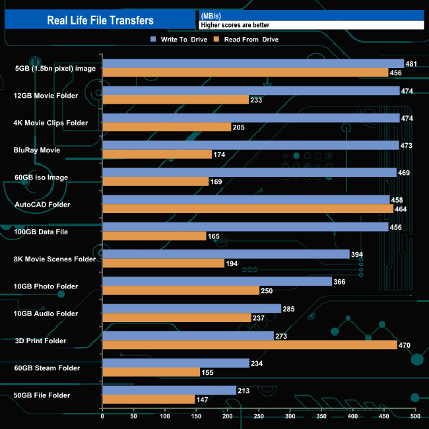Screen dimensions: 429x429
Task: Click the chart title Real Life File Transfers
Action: tap(100, 20)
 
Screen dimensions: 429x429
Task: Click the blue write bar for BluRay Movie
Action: tap(251, 145)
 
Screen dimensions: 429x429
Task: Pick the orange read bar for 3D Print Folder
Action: tap(249, 345)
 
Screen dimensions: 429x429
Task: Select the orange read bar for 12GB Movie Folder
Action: tap(176, 100)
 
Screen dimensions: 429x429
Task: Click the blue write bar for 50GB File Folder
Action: tap(169, 390)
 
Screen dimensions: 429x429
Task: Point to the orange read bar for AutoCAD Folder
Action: tap(247, 209)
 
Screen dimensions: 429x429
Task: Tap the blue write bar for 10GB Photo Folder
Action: tap(217, 281)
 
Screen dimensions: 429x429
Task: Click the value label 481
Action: tap(411, 64)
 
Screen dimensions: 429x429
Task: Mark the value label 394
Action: tap(357, 254)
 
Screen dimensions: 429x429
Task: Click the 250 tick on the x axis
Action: tap(259, 416)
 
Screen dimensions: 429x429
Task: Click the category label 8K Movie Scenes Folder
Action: tap(55, 259)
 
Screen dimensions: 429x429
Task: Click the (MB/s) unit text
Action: tap(211, 16)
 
